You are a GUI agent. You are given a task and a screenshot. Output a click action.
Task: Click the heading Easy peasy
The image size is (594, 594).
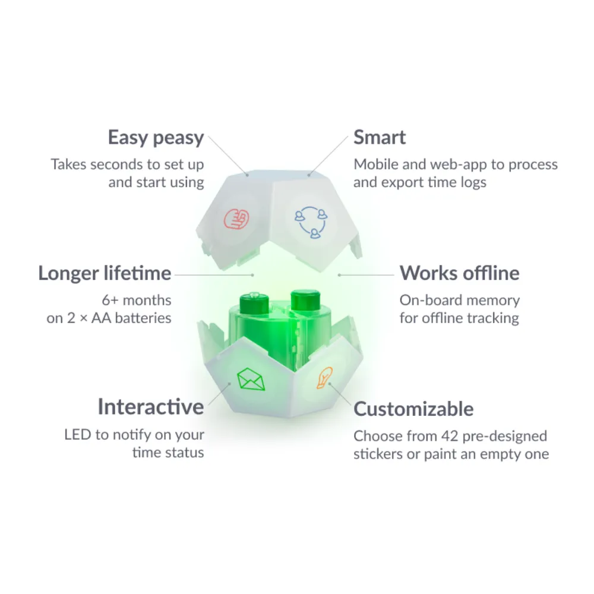click(156, 138)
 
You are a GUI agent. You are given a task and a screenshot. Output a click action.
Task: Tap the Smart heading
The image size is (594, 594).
click(380, 137)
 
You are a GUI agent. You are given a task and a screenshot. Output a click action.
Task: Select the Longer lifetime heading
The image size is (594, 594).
click(105, 273)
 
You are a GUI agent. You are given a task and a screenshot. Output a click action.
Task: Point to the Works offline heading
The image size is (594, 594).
click(460, 273)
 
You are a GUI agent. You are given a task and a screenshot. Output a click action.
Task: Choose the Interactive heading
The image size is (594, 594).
click(151, 407)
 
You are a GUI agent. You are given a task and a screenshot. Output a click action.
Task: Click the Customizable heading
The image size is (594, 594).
click(413, 409)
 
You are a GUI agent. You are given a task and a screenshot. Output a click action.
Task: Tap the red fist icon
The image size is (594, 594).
click(236, 219)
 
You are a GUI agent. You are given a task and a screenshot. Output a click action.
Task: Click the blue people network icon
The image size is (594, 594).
click(311, 222)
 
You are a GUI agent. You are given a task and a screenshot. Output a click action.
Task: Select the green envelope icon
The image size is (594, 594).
click(251, 379)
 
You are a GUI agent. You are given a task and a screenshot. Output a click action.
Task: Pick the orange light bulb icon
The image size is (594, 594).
click(325, 378)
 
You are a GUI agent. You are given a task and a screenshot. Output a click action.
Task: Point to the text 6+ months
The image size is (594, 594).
click(137, 301)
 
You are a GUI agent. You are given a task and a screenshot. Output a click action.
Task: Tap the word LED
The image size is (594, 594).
click(78, 435)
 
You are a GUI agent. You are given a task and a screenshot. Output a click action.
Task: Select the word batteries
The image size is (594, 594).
click(143, 318)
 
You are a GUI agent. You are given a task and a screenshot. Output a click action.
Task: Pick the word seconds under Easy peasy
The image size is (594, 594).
click(116, 165)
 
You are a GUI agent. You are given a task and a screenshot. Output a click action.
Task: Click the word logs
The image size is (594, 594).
click(473, 182)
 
